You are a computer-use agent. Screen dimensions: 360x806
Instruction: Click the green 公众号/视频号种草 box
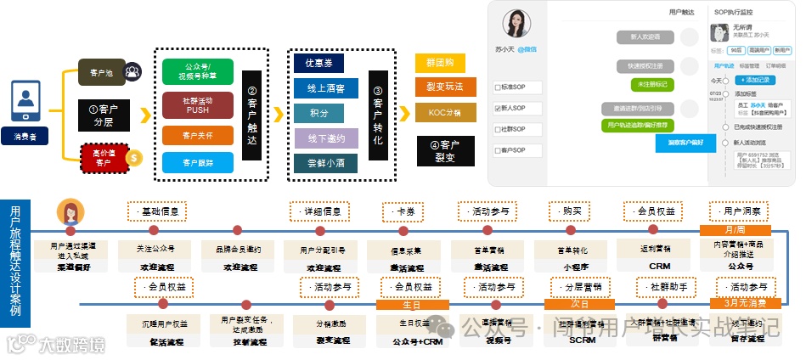(198, 71)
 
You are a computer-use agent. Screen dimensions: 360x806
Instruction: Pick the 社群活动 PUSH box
(198, 104)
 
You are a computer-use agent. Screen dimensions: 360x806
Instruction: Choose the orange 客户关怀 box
(198, 135)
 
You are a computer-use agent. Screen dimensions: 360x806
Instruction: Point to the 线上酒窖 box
(325, 87)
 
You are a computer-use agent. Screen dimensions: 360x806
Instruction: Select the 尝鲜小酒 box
(325, 163)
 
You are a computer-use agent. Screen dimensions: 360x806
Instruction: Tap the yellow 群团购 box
(440, 64)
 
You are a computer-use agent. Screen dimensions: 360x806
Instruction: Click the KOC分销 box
(440, 111)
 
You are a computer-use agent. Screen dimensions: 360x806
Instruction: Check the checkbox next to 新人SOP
(499, 109)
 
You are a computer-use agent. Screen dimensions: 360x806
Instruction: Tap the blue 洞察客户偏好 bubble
(685, 143)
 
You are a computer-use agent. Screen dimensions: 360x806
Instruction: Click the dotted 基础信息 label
(156, 211)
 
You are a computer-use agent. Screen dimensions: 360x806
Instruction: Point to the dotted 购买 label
(571, 211)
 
